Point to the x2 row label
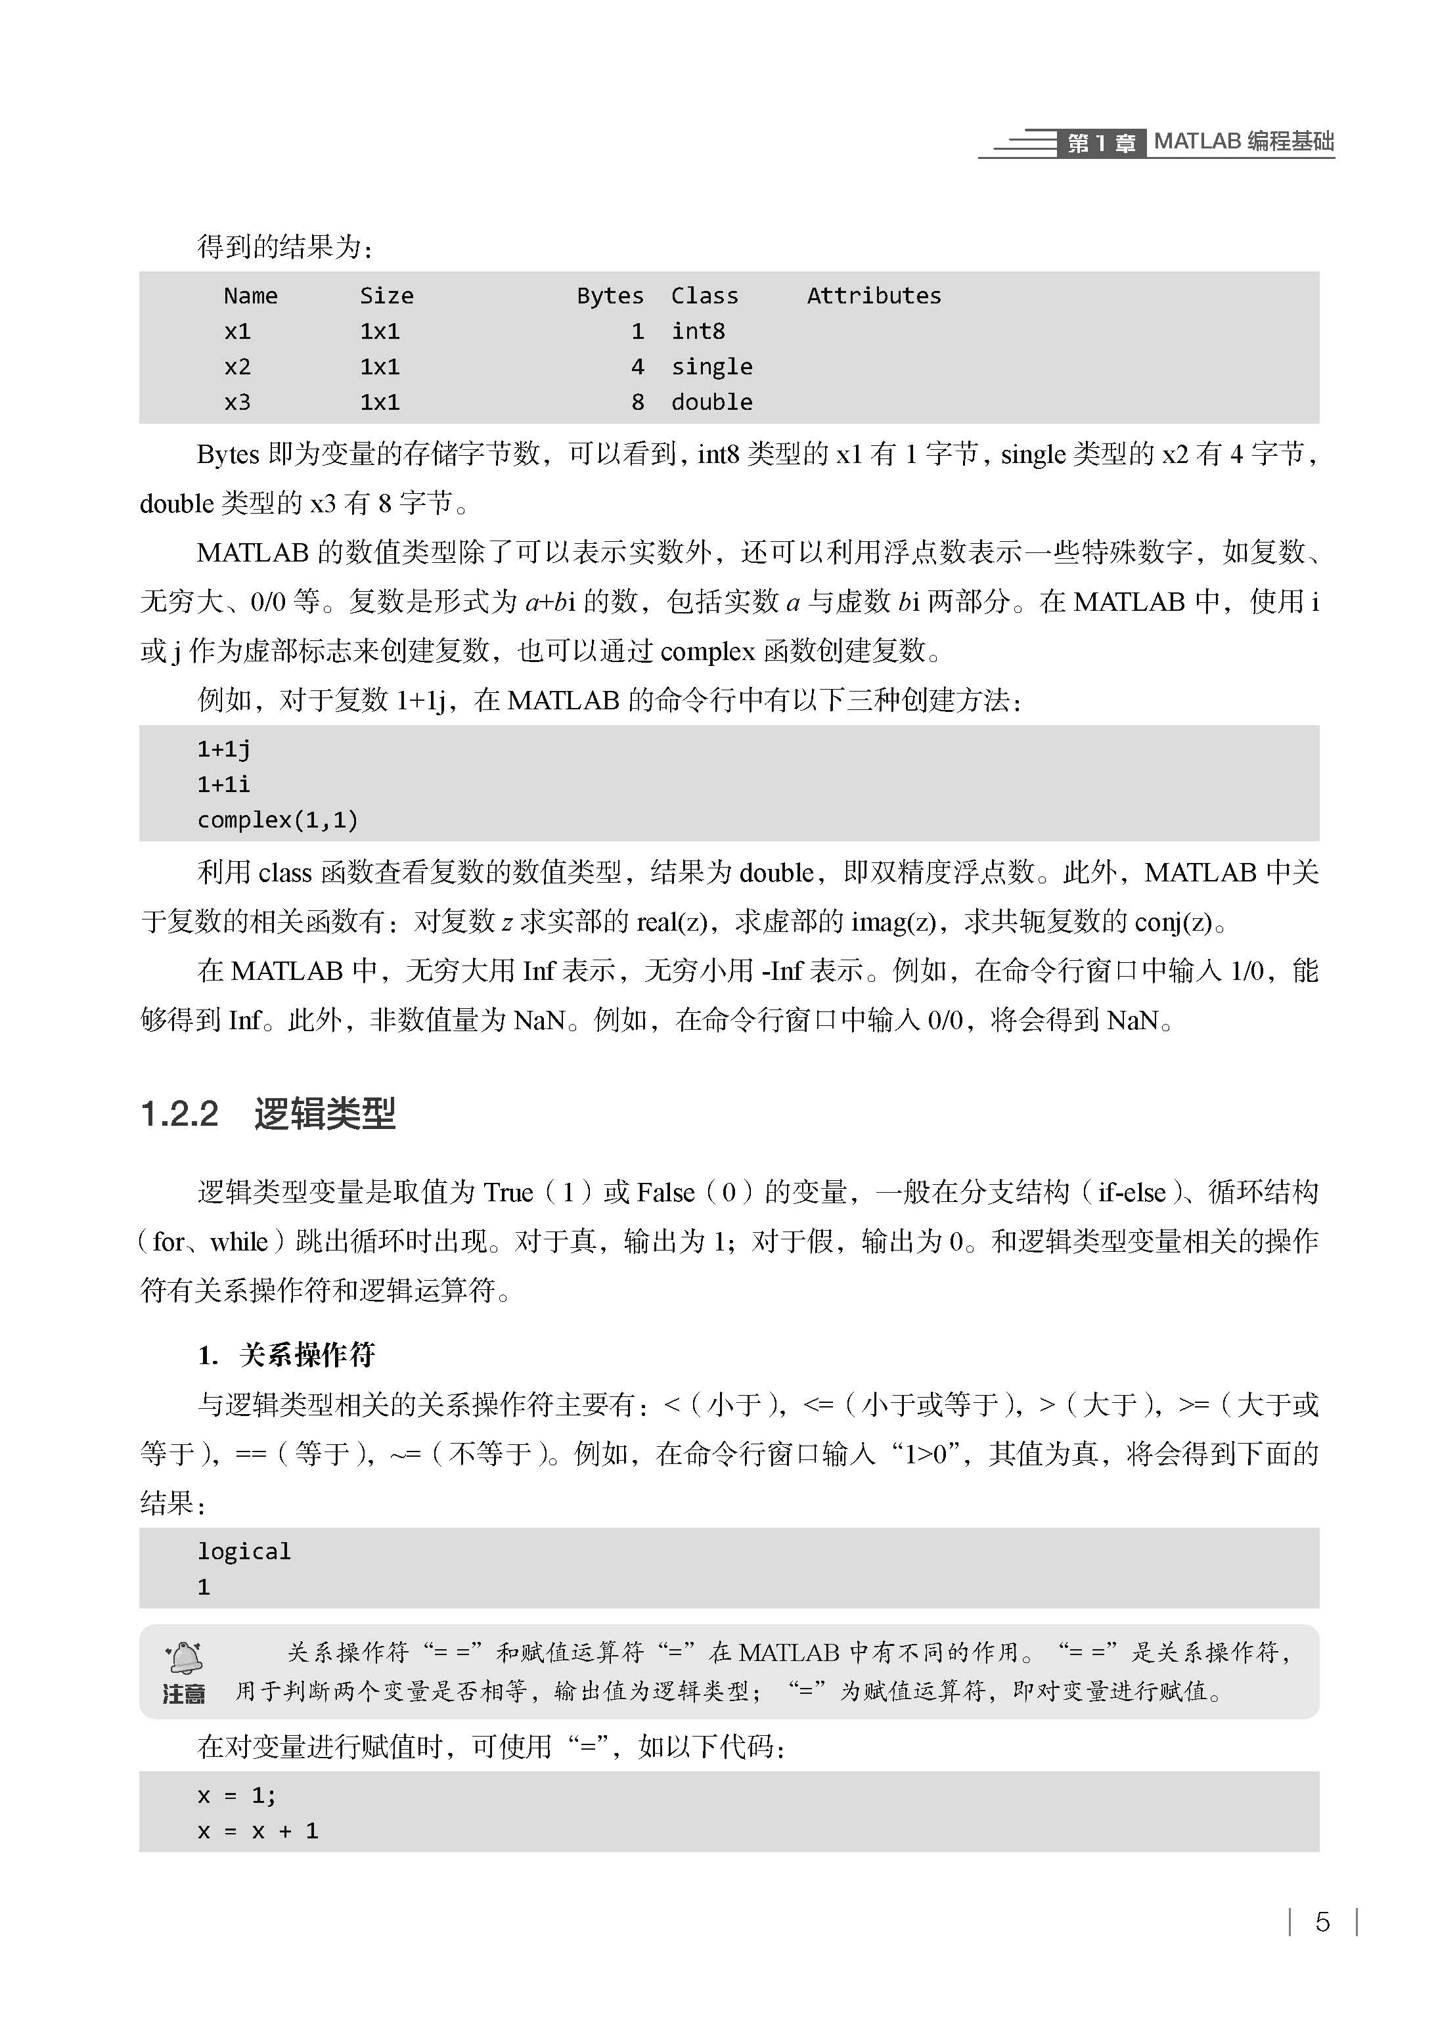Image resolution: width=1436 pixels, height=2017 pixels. pos(237,366)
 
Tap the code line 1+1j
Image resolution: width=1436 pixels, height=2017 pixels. pos(224,749)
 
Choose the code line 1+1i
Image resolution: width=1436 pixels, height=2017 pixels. pos(224,784)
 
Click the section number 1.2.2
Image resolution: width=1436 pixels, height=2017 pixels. pos(179,1114)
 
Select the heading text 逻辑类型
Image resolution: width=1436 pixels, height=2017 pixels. pos(325,1114)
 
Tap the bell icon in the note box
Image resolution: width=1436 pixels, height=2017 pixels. pos(185,1657)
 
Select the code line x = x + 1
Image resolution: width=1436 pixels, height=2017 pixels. pos(258,1830)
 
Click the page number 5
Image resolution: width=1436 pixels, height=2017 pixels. pos(1322,1922)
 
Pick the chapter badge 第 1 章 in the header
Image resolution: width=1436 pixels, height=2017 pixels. pos(1101,143)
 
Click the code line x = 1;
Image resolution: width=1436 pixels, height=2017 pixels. pos(237,1795)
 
